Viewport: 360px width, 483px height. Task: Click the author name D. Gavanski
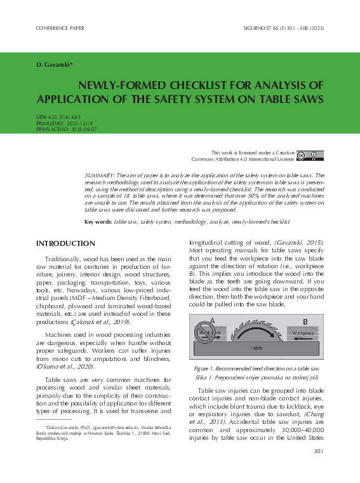55,65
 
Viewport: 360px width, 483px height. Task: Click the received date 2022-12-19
80,123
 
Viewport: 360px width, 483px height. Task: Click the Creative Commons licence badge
310,156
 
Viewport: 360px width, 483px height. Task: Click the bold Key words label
98,222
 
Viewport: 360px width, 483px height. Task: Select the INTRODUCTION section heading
65,244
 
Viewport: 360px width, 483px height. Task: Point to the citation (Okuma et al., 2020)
65,367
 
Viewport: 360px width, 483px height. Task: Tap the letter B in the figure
305,321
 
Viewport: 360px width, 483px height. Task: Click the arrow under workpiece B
303,338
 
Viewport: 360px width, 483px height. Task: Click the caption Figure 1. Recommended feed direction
257,369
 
